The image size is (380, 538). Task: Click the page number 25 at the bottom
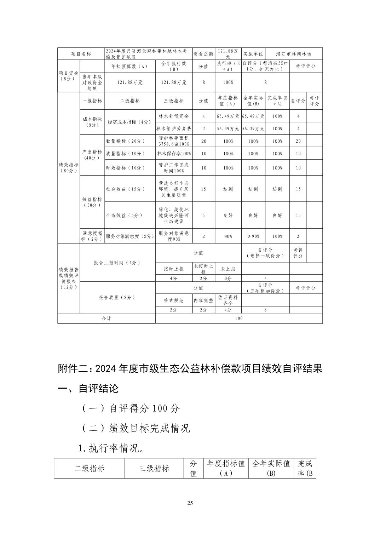pyautogui.click(x=190, y=503)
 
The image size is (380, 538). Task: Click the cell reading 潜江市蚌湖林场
pyautogui.click(x=294, y=54)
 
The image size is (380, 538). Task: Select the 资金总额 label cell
pyautogui.click(x=203, y=54)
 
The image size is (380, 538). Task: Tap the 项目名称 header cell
pyautogui.click(x=81, y=54)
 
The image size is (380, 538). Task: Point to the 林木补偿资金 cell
pyautogui.click(x=174, y=116)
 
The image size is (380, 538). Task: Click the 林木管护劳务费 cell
pyautogui.click(x=174, y=129)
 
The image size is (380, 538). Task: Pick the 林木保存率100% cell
pyautogui.click(x=174, y=154)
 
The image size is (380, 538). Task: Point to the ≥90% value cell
pyautogui.click(x=253, y=236)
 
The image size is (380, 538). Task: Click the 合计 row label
pyautogui.click(x=106, y=318)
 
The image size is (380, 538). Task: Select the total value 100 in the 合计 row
pyautogui.click(x=239, y=318)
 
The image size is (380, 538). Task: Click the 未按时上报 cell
pyautogui.click(x=203, y=269)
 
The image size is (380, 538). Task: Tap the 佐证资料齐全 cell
pyautogui.click(x=228, y=300)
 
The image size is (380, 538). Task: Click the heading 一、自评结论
pyautogui.click(x=88, y=389)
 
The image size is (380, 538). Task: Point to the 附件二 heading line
pyautogui.click(x=190, y=369)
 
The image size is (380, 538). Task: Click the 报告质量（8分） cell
pyautogui.click(x=117, y=297)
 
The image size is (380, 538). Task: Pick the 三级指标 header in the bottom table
pyautogui.click(x=154, y=469)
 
